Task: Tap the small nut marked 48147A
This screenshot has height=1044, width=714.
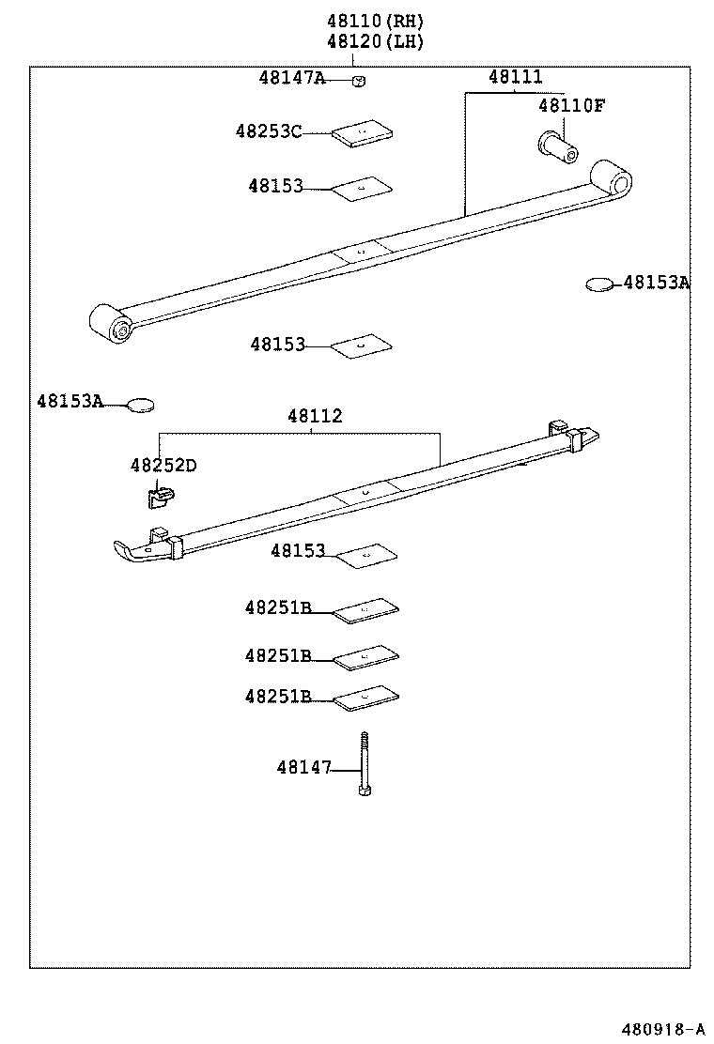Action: pyautogui.click(x=359, y=81)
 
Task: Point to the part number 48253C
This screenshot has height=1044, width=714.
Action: pyautogui.click(x=269, y=131)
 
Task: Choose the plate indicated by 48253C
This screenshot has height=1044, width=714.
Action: pyautogui.click(x=363, y=133)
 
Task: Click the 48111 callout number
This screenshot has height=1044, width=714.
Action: pyautogui.click(x=515, y=78)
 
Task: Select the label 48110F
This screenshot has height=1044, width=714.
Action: pyautogui.click(x=571, y=105)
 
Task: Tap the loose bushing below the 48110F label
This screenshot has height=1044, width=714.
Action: pyautogui.click(x=557, y=144)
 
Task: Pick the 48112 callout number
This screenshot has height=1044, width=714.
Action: pyautogui.click(x=315, y=416)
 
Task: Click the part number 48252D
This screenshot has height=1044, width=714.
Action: pyautogui.click(x=163, y=466)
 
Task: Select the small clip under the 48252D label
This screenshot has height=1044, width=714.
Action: pyautogui.click(x=161, y=494)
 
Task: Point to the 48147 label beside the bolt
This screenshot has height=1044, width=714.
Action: pyautogui.click(x=304, y=768)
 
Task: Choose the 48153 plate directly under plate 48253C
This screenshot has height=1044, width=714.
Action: pyautogui.click(x=362, y=187)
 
